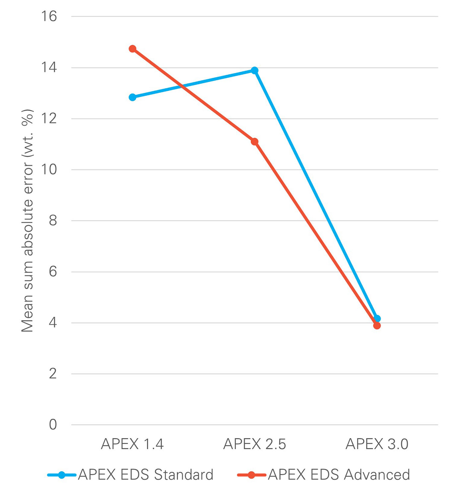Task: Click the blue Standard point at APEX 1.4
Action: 132,97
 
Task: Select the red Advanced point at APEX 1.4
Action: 132,49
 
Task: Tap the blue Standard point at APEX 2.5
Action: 254,70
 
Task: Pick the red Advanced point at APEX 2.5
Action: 254,142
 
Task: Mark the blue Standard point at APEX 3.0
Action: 377,319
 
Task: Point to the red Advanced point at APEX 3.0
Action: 377,326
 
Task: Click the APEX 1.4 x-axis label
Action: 132,444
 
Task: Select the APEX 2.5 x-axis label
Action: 254,444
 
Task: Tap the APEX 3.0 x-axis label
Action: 377,444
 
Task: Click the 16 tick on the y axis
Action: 49,16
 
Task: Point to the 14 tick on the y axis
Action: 49,67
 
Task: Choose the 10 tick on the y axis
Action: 49,170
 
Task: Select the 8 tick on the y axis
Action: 53,221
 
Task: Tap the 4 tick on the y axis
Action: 53,322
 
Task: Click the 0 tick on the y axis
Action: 53,425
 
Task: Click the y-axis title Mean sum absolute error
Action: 27,221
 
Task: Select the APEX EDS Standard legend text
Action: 146,475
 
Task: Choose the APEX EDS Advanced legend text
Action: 339,475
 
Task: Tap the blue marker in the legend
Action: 62,475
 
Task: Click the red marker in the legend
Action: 251,475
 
